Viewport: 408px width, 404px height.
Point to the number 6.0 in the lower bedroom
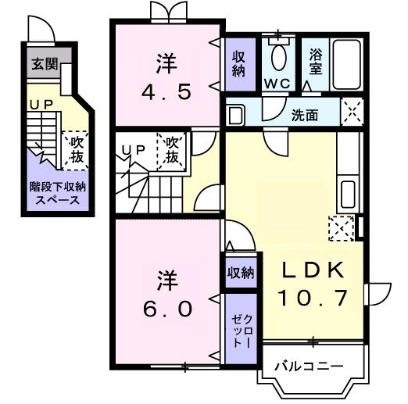click(166, 308)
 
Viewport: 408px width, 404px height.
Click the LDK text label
click(312, 270)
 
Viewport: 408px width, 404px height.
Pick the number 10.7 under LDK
click(312, 298)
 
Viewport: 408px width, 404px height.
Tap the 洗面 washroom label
click(304, 116)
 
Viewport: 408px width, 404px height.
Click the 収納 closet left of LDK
click(240, 273)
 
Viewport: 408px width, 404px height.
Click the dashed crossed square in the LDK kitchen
click(341, 228)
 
